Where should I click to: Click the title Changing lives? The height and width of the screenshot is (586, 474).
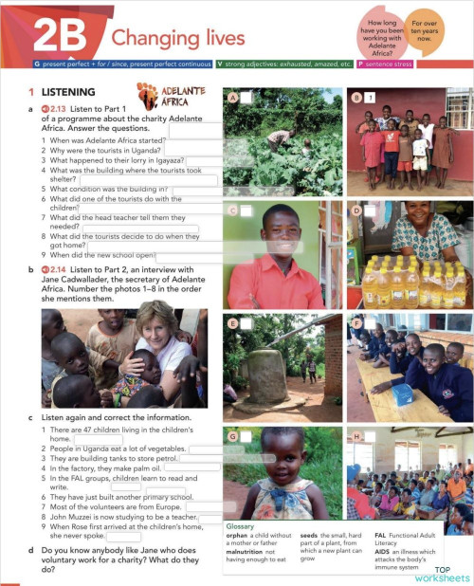[178, 39]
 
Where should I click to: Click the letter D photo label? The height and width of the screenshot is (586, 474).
[356, 209]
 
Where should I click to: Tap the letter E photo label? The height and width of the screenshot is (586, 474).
[233, 323]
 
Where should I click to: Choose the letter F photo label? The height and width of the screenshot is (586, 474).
[356, 323]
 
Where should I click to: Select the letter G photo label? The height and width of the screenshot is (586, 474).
[233, 436]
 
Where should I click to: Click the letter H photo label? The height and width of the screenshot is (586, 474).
[356, 436]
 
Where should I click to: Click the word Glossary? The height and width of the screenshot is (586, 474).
[243, 525]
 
